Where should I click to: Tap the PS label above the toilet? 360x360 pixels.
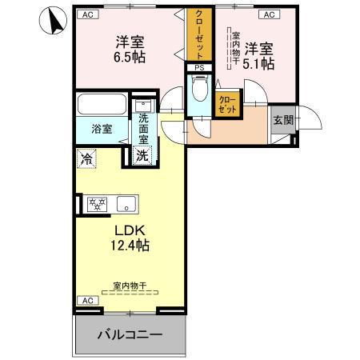click(x=199, y=69)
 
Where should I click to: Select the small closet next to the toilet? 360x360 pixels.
click(x=227, y=103)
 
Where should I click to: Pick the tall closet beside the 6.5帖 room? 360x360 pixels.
click(x=197, y=35)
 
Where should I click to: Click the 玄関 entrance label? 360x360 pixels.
click(x=282, y=120)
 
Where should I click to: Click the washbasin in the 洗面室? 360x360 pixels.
click(x=142, y=106)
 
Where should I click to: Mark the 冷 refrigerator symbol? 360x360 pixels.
click(x=86, y=158)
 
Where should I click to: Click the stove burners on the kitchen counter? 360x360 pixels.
click(x=96, y=204)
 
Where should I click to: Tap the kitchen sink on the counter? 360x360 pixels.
click(x=126, y=205)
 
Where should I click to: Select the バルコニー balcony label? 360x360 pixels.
click(x=130, y=334)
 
